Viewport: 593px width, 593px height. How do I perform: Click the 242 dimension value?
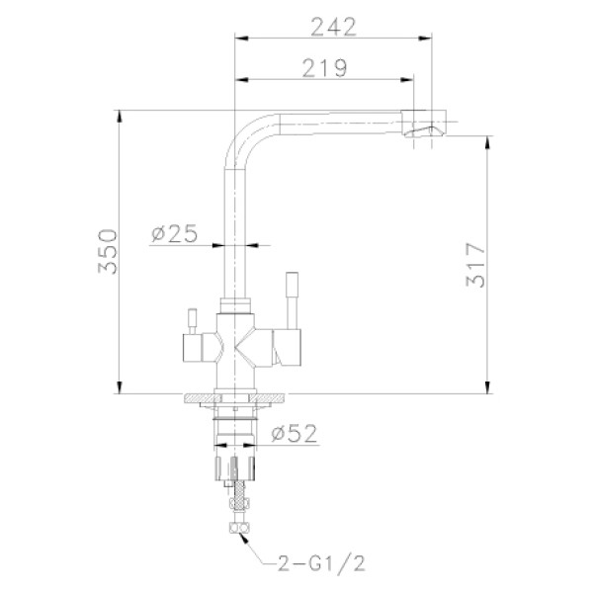tap(333, 27)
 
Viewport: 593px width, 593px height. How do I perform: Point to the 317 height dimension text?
tap(476, 265)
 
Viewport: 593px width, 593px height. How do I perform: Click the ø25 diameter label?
tap(175, 233)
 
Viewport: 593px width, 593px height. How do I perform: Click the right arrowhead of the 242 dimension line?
tap(427, 40)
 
